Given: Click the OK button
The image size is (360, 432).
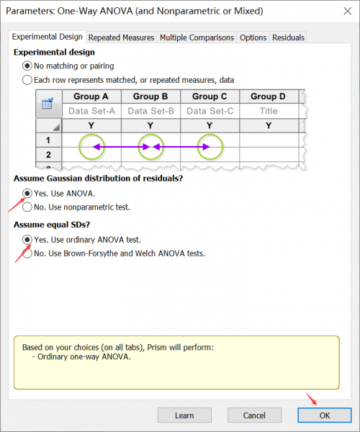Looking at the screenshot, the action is [x=325, y=415].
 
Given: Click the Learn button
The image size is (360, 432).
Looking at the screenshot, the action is [x=184, y=415].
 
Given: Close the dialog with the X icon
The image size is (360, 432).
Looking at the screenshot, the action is [x=348, y=11].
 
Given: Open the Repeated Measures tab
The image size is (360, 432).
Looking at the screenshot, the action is [x=121, y=37].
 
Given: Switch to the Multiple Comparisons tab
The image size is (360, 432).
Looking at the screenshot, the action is [x=197, y=37].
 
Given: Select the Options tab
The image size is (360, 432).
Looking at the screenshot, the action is [x=253, y=37].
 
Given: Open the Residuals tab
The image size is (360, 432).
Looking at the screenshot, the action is [x=288, y=37].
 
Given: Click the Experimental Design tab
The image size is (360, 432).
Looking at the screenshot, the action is [x=47, y=37].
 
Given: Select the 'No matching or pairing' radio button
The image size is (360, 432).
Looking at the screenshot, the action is [x=27, y=66].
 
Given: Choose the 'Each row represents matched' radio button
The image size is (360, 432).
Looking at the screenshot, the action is [x=27, y=80].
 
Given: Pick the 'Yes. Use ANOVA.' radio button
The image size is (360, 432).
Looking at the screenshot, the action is [x=27, y=194].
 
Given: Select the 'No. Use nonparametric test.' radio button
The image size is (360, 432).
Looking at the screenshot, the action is [x=27, y=207].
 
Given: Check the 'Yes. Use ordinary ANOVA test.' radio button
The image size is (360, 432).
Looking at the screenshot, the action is [x=27, y=240].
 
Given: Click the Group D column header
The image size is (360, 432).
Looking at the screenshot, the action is [x=269, y=96].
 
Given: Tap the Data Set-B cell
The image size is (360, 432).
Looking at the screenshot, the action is [x=150, y=111].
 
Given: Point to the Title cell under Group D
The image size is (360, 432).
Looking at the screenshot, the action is [x=269, y=111].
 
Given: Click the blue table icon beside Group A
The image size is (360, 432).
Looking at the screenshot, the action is [x=48, y=104].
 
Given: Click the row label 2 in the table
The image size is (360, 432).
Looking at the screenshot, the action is [x=48, y=155].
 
